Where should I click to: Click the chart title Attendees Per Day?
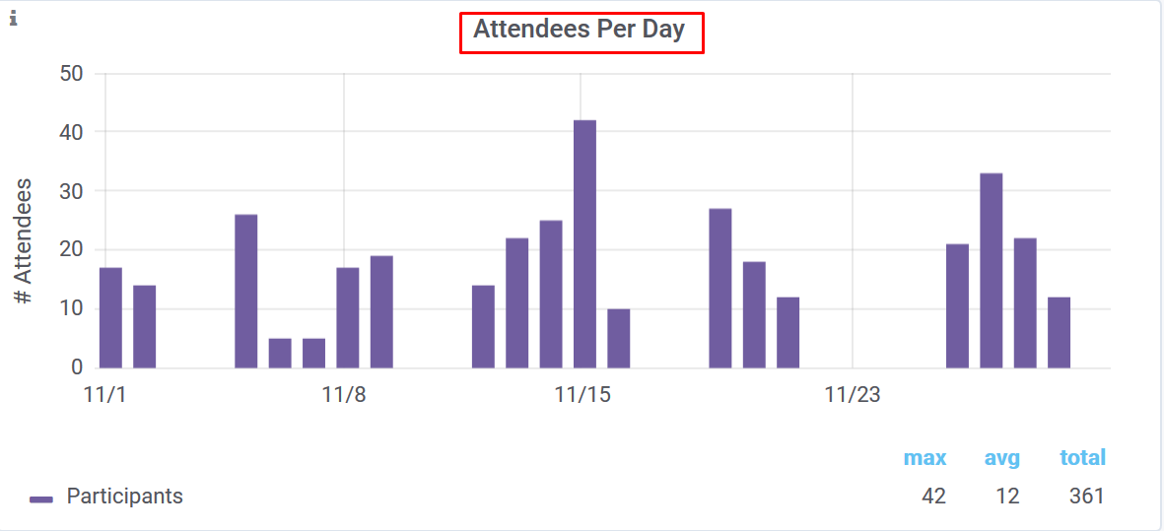(580, 30)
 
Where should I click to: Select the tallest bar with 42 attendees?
(584, 243)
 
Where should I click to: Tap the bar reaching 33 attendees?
(991, 270)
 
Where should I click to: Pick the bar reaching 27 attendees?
(720, 288)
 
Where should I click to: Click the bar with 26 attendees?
(245, 291)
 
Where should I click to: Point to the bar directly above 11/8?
(347, 317)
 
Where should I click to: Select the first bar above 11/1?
(110, 317)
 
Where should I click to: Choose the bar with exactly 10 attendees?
(618, 338)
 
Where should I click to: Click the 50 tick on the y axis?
(71, 74)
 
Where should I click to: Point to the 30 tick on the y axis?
(71, 191)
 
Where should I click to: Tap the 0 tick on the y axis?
(77, 367)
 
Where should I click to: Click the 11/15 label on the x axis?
(582, 396)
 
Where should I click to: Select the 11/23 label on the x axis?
(853, 396)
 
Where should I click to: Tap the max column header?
(924, 458)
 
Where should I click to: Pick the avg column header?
(1001, 458)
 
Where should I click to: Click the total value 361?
(1086, 497)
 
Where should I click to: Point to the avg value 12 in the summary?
(1006, 497)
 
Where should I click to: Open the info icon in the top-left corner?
(14, 17)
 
